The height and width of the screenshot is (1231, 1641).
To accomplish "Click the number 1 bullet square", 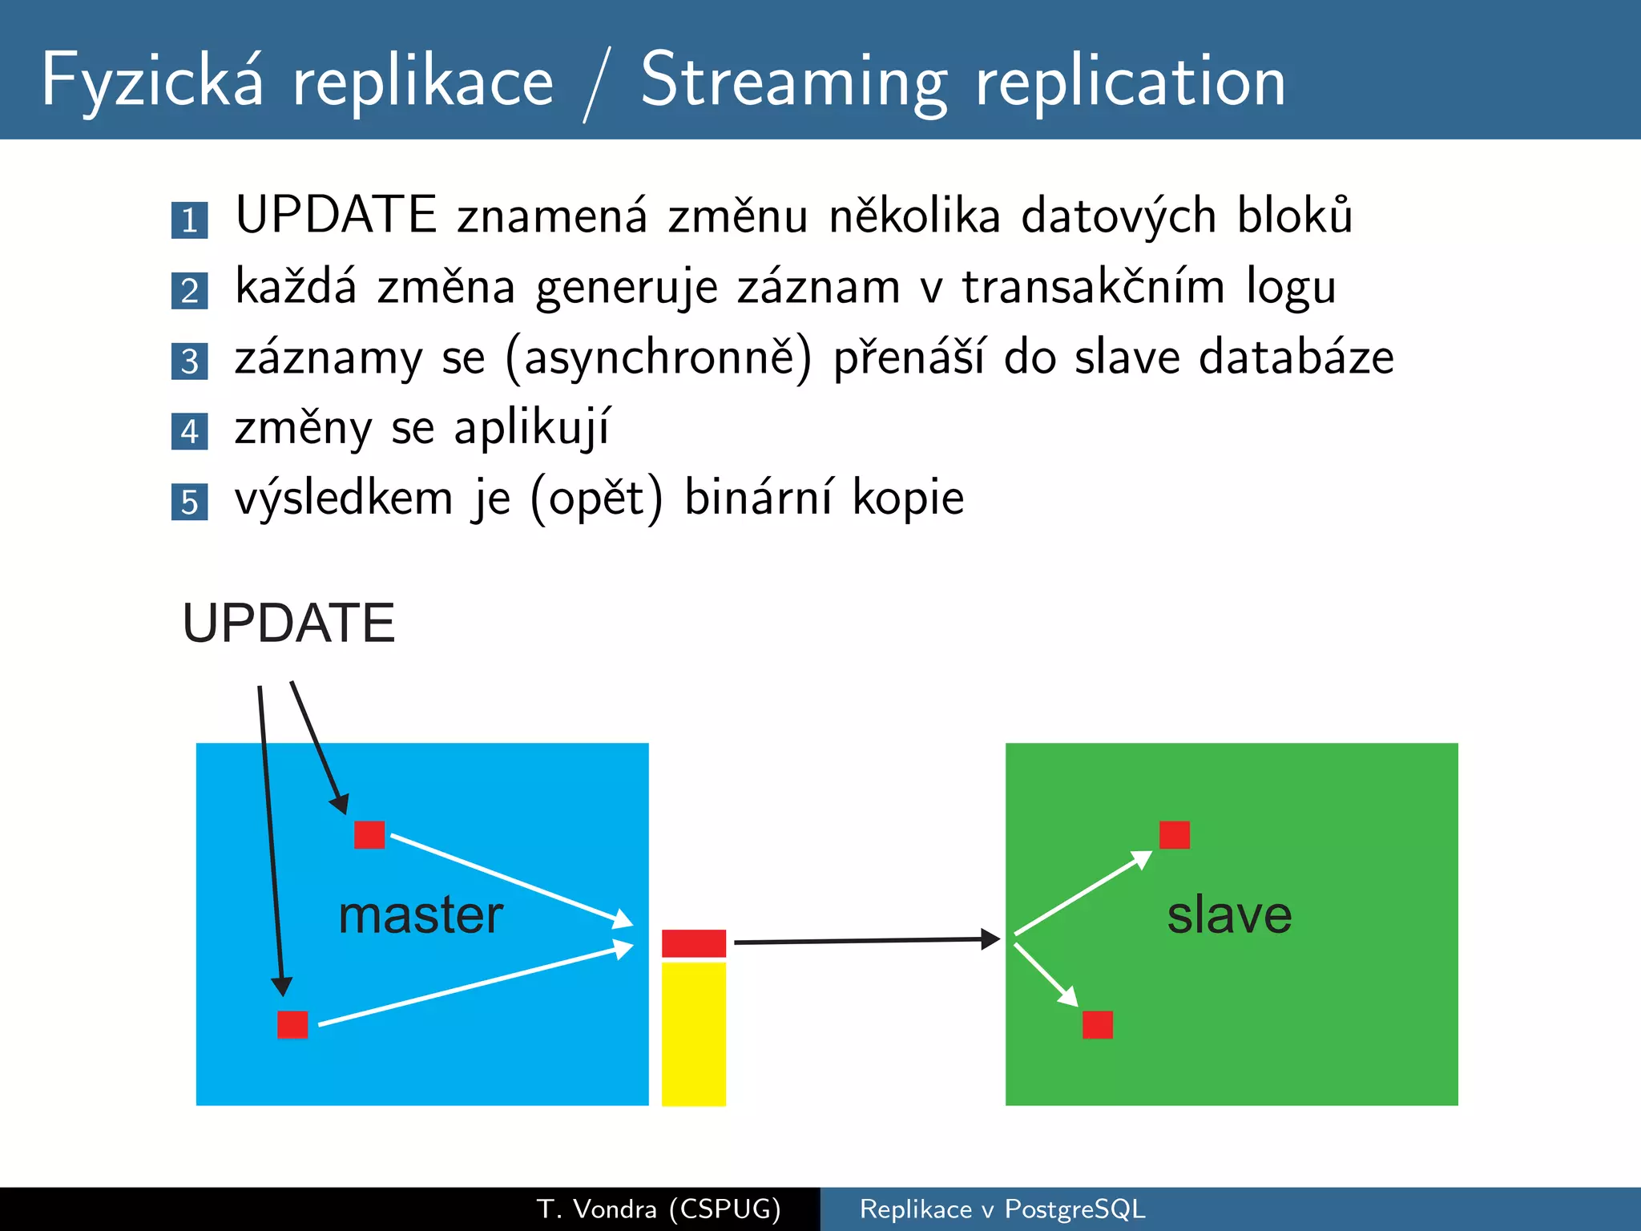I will click(189, 220).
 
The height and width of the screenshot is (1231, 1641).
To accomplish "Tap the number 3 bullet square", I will click(189, 361).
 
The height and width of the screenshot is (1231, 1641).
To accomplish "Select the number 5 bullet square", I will click(189, 502).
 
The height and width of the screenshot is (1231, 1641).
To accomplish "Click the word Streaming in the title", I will click(794, 82).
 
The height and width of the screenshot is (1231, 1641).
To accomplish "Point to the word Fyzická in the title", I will click(152, 82).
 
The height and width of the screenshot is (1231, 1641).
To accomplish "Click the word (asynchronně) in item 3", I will click(659, 358).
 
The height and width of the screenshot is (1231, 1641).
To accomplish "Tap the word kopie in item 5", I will click(907, 498).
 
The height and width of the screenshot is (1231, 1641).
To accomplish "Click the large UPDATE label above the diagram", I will click(288, 623).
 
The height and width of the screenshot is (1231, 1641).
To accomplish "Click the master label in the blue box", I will click(421, 914).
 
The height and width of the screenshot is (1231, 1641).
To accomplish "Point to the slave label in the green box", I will click(1229, 914).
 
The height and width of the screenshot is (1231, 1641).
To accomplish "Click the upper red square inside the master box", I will click(369, 834).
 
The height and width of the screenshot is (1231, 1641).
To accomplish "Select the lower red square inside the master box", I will click(292, 1024).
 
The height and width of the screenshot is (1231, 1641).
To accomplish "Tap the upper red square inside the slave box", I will click(1174, 834).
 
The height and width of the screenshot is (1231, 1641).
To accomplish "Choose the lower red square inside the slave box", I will click(1097, 1024).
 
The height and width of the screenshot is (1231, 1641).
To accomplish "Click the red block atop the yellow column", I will click(694, 943).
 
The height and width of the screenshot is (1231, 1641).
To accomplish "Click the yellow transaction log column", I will click(694, 1034).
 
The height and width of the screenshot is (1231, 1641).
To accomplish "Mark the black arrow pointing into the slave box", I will click(865, 941).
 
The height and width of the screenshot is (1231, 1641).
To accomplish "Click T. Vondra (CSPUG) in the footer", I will click(659, 1209).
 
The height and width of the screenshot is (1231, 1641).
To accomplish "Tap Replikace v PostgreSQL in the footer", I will click(1002, 1209).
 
